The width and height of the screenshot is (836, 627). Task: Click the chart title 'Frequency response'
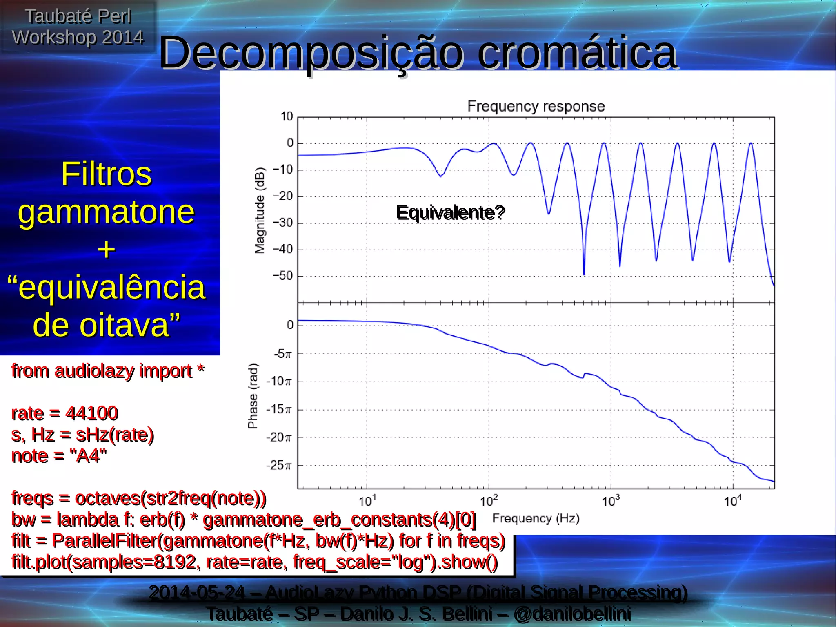[536, 106]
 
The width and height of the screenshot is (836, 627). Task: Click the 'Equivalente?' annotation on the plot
[451, 213]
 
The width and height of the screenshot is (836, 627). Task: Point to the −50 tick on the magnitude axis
[283, 276]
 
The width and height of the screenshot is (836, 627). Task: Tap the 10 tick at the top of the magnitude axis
[287, 117]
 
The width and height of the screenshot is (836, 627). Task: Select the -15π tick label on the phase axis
[279, 409]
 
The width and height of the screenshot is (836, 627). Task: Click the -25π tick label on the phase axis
[279, 465]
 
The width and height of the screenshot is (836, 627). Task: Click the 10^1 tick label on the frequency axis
[367, 501]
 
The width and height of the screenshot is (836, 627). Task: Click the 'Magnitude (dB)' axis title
[260, 210]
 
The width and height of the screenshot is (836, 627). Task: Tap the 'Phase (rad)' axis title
[253, 396]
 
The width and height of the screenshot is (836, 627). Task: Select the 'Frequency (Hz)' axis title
[536, 519]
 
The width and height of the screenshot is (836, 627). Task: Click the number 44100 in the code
[92, 413]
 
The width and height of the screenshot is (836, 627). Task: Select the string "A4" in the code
[88, 456]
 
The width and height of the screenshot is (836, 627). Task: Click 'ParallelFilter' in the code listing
[104, 541]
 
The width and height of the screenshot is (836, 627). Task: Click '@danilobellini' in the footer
[572, 614]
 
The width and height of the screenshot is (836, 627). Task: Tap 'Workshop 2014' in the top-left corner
[78, 38]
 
